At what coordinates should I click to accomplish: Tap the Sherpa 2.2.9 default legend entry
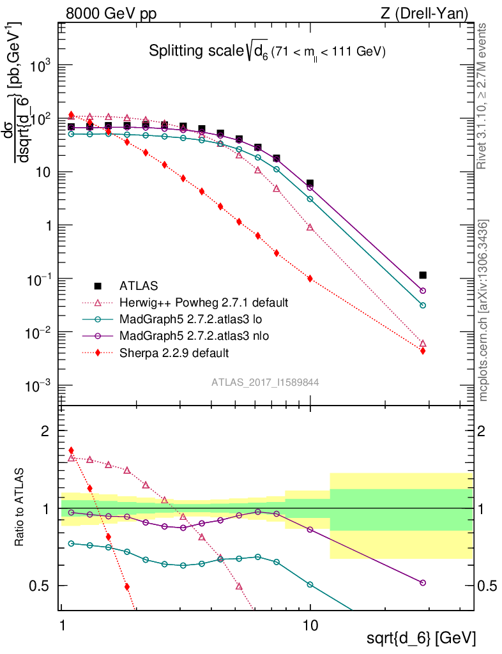pyautogui.click(x=174, y=352)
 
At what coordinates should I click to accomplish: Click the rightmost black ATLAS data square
pyautogui.click(x=422, y=275)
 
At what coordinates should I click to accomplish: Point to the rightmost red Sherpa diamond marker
pyautogui.click(x=422, y=351)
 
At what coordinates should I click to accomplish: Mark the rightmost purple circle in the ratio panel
pyautogui.click(x=422, y=582)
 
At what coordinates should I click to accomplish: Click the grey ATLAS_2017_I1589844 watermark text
pyautogui.click(x=265, y=383)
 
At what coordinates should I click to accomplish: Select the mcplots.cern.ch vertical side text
pyautogui.click(x=483, y=312)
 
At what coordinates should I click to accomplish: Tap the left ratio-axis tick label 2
pyautogui.click(x=45, y=432)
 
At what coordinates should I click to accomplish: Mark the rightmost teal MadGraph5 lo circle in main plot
pyautogui.click(x=422, y=305)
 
